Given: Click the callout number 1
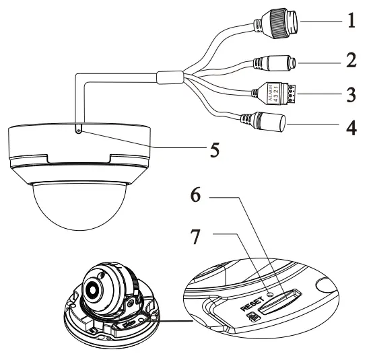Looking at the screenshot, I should [x=351, y=21].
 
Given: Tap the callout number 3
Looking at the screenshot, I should [x=351, y=94].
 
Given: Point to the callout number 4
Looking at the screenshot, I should [x=351, y=127].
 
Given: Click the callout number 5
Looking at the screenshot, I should [x=214, y=149].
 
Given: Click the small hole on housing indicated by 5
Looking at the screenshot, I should [x=79, y=131].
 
